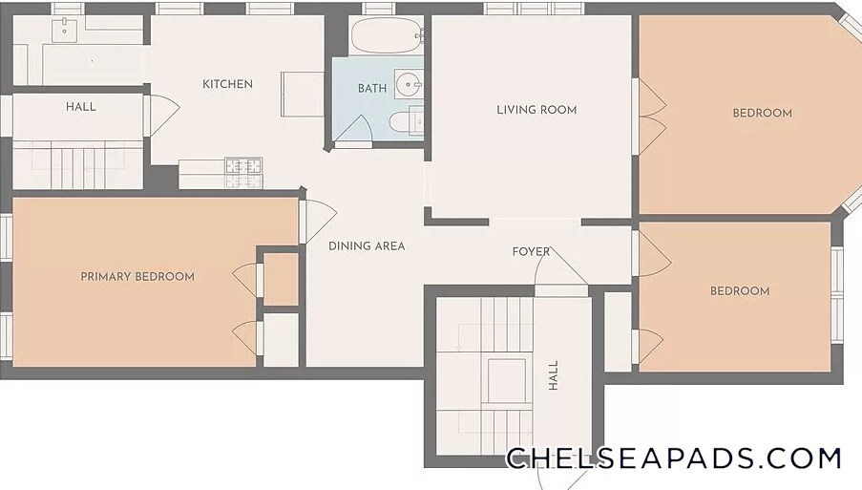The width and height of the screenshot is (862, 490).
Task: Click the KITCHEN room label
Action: pos(227,84)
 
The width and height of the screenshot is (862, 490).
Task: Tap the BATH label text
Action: pos(372,88)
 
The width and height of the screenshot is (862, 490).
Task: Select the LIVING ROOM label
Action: pos(536,110)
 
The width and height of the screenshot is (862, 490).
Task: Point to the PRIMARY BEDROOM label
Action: pos(137,277)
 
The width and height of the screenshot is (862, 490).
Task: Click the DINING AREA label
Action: pos(367,245)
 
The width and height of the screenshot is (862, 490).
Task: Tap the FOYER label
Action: pos(531,252)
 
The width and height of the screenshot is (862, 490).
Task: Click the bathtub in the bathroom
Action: pos(386,35)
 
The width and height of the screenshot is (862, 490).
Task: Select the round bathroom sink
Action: pos(408,85)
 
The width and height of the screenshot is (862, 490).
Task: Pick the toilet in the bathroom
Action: pos(406,122)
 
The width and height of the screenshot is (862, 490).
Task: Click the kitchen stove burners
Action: pos(243,173)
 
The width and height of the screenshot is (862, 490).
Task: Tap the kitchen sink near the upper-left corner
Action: pos(64,30)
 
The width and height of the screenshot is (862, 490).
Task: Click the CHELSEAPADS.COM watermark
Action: pos(673,458)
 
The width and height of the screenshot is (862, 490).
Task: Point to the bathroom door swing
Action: pos(353,131)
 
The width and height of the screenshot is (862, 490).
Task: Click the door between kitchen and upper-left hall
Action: pos(161,115)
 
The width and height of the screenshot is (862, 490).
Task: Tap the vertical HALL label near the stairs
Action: pos(553,375)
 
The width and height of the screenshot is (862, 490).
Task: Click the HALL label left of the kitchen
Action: pos(81,107)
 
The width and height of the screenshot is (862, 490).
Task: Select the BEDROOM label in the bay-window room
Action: pos(763,114)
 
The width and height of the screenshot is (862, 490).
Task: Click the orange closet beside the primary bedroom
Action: pos(281,279)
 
